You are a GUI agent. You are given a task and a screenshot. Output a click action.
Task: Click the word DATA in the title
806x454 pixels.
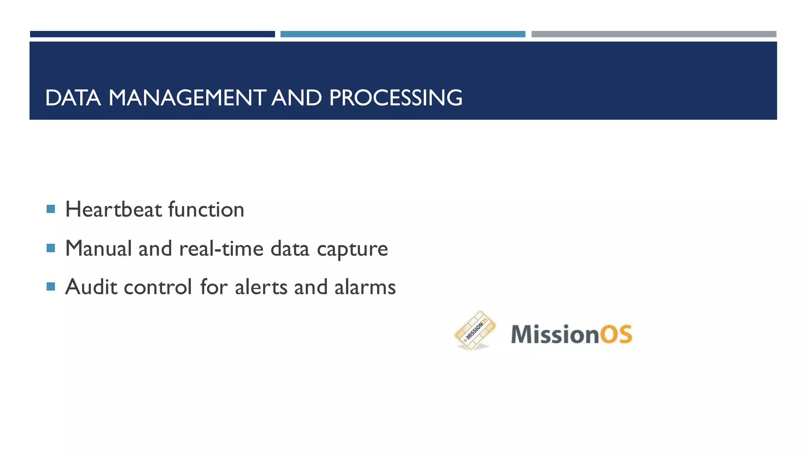pyautogui.click(x=73, y=98)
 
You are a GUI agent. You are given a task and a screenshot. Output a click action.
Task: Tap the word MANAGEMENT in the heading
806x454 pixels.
pyautogui.click(x=187, y=98)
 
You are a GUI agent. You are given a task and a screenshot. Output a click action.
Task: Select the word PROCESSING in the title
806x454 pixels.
pyautogui.click(x=395, y=98)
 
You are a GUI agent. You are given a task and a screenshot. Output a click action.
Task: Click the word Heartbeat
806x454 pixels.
pyautogui.click(x=114, y=209)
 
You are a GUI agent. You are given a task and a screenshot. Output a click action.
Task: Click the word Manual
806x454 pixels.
pyautogui.click(x=98, y=248)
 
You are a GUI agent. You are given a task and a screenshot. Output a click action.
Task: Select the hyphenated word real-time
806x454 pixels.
pyautogui.click(x=221, y=248)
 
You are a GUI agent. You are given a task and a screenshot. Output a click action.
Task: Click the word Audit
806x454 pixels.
pyautogui.click(x=91, y=287)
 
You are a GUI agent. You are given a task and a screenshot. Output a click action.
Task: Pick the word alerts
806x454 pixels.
pyautogui.click(x=261, y=287)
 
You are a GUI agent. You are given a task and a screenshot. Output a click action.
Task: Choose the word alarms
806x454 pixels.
pyautogui.click(x=365, y=287)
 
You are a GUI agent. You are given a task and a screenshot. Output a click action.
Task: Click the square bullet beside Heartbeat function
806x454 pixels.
pyautogui.click(x=51, y=209)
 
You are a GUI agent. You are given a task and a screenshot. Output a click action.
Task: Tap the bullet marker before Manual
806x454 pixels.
pyautogui.click(x=51, y=248)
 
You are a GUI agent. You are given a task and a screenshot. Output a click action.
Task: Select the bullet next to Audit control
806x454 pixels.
pyautogui.click(x=51, y=286)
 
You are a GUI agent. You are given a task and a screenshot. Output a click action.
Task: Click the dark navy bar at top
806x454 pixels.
pyautogui.click(x=152, y=34)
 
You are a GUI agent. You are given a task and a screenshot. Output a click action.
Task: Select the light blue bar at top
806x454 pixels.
pyautogui.click(x=403, y=34)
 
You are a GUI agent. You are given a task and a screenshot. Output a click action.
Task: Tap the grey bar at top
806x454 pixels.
pyautogui.click(x=654, y=34)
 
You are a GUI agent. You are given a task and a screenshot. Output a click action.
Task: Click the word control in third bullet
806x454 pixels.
pyautogui.click(x=158, y=287)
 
